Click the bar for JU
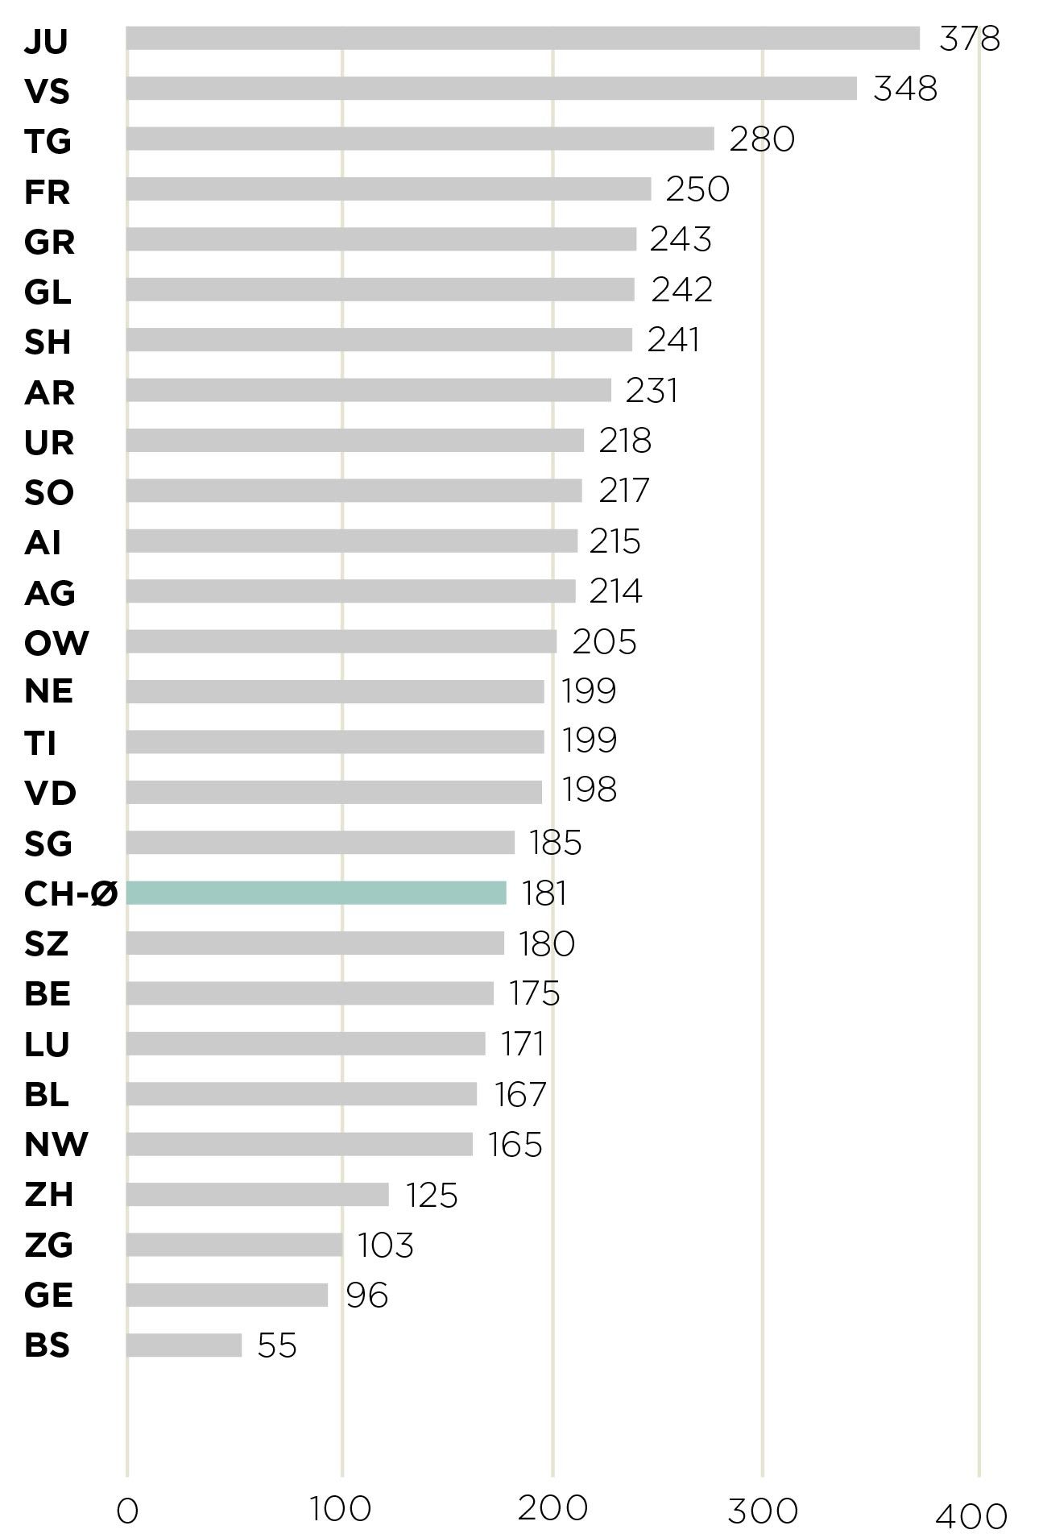pyautogui.click(x=523, y=39)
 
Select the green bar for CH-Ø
pyautogui.click(x=317, y=893)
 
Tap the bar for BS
pyautogui.click(x=184, y=1345)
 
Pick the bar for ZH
pyautogui.click(x=258, y=1195)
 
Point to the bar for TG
pyautogui.click(x=420, y=139)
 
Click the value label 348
pyautogui.click(x=905, y=89)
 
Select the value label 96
pyautogui.click(x=366, y=1295)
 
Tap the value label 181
pyautogui.click(x=544, y=893)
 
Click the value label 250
pyautogui.click(x=697, y=189)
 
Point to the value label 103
pyautogui.click(x=385, y=1246)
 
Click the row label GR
pyautogui.click(x=49, y=242)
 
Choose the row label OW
pyautogui.click(x=56, y=643)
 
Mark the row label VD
pyautogui.click(x=50, y=794)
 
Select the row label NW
pyautogui.click(x=56, y=1144)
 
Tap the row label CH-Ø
pyautogui.click(x=71, y=893)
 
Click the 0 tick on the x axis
pyautogui.click(x=127, y=1512)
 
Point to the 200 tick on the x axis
pyautogui.click(x=552, y=1508)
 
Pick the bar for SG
pyautogui.click(x=321, y=843)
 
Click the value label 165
pyautogui.click(x=515, y=1145)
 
